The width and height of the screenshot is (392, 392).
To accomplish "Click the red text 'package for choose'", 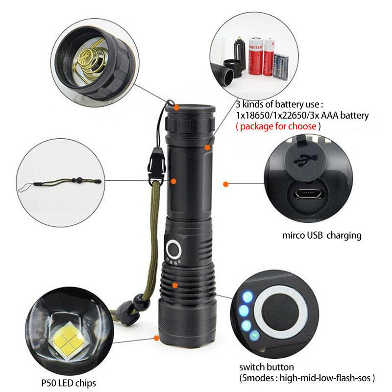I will coord(278,126).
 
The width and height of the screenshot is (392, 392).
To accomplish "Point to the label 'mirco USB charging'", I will coord(321,235).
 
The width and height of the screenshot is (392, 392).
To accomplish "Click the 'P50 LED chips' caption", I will coord(69,383).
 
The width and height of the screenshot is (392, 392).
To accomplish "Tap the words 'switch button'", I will coord(267,367).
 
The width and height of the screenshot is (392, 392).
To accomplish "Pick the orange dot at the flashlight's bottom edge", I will coord(157,338).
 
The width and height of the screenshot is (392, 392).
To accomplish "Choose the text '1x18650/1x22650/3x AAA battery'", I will coord(302,116).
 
